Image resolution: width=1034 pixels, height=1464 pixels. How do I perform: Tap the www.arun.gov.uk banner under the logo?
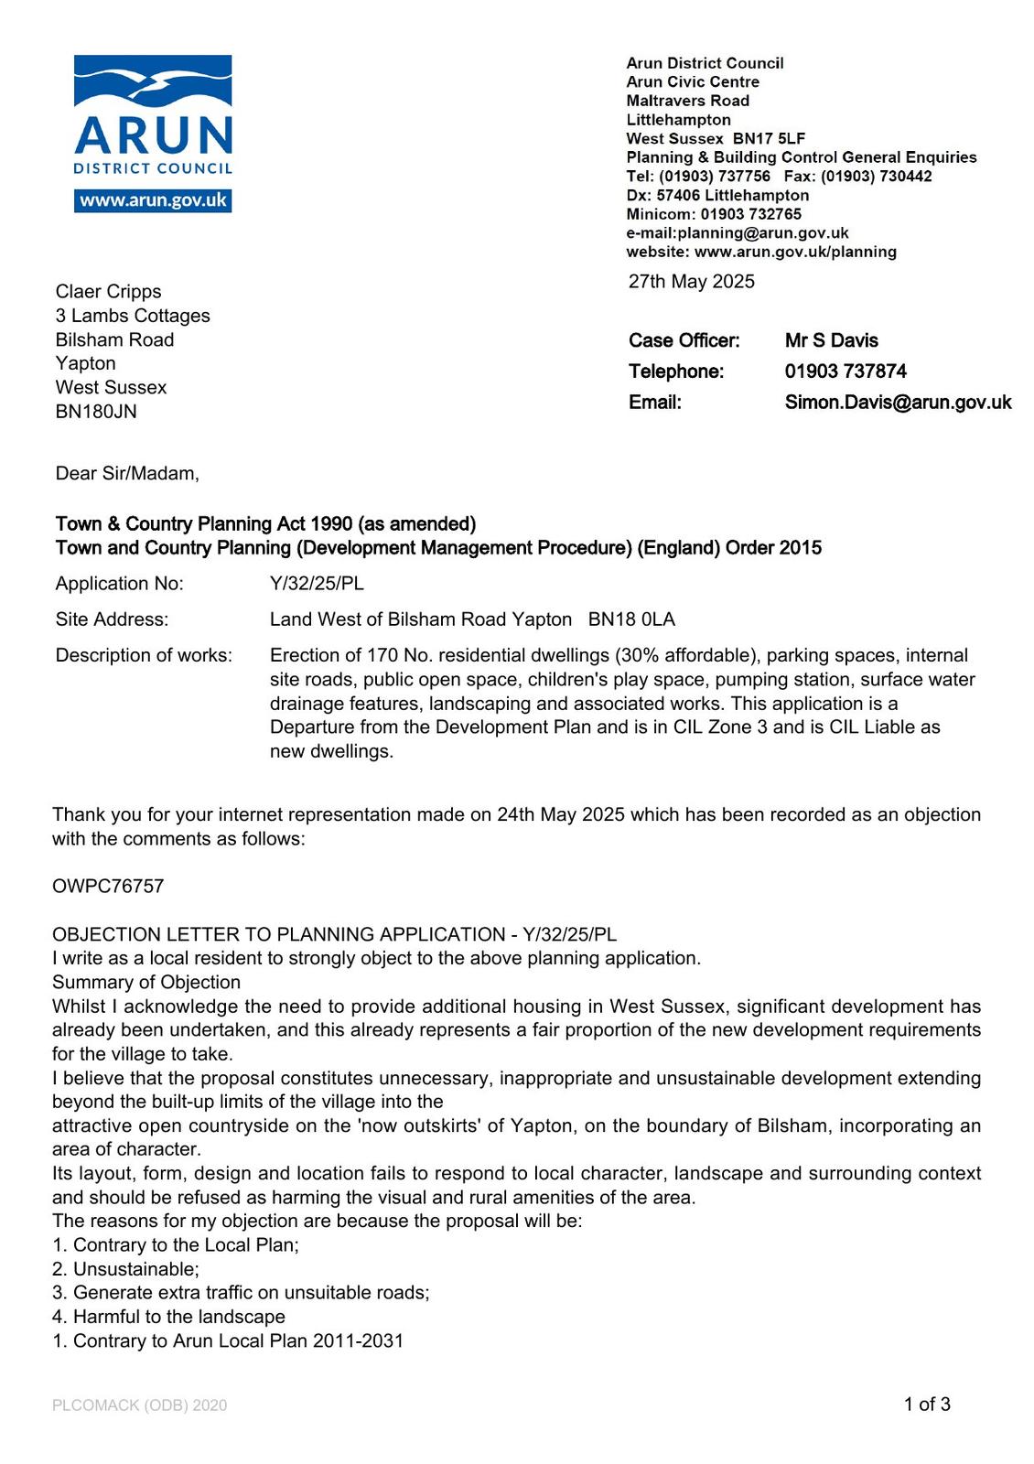[x=153, y=200]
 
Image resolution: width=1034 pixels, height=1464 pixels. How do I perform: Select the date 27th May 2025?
[x=691, y=282]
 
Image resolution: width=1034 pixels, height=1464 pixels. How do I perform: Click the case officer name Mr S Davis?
[x=831, y=341]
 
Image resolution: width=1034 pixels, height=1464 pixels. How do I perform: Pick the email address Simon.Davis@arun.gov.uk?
[x=898, y=403]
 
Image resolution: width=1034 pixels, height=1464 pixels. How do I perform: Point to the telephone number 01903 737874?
[x=846, y=371]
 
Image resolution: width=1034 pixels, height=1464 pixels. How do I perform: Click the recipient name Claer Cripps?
[x=108, y=292]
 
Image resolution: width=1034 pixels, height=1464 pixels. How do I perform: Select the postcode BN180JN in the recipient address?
[x=96, y=412]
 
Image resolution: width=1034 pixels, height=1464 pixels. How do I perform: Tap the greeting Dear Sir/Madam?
[x=127, y=474]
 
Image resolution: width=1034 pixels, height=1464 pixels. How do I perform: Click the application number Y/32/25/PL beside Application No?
[x=317, y=584]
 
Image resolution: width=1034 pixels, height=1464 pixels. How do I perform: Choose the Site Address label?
[x=112, y=619]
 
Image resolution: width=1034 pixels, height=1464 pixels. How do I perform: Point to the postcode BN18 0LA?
[x=631, y=619]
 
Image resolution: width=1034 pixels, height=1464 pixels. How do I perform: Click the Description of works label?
[x=144, y=655]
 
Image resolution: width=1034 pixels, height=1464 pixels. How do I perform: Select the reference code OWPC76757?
[x=108, y=887]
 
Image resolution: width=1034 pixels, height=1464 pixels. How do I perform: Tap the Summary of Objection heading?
[x=146, y=983]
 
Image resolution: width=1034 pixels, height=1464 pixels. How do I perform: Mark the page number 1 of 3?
[x=926, y=1405]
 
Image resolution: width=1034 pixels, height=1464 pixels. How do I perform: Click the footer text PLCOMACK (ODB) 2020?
[x=139, y=1405]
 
